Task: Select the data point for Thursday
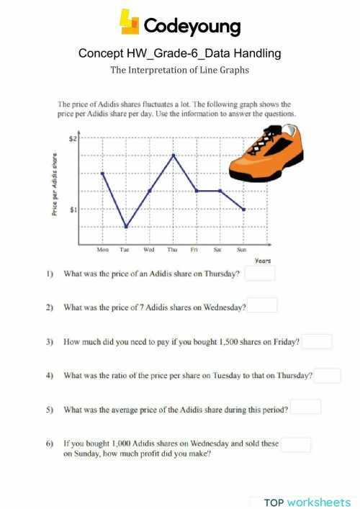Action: point(173,155)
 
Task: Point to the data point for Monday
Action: point(102,173)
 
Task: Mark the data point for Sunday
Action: point(244,210)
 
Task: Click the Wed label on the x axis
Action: point(149,250)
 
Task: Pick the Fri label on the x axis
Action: point(195,250)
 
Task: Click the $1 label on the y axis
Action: point(72,210)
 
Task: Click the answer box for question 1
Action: point(260,274)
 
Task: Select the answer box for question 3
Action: point(317,341)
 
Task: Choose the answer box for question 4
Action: point(327,375)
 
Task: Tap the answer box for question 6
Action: point(296,444)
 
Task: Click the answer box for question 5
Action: point(305,407)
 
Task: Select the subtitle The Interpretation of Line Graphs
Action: point(180,71)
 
